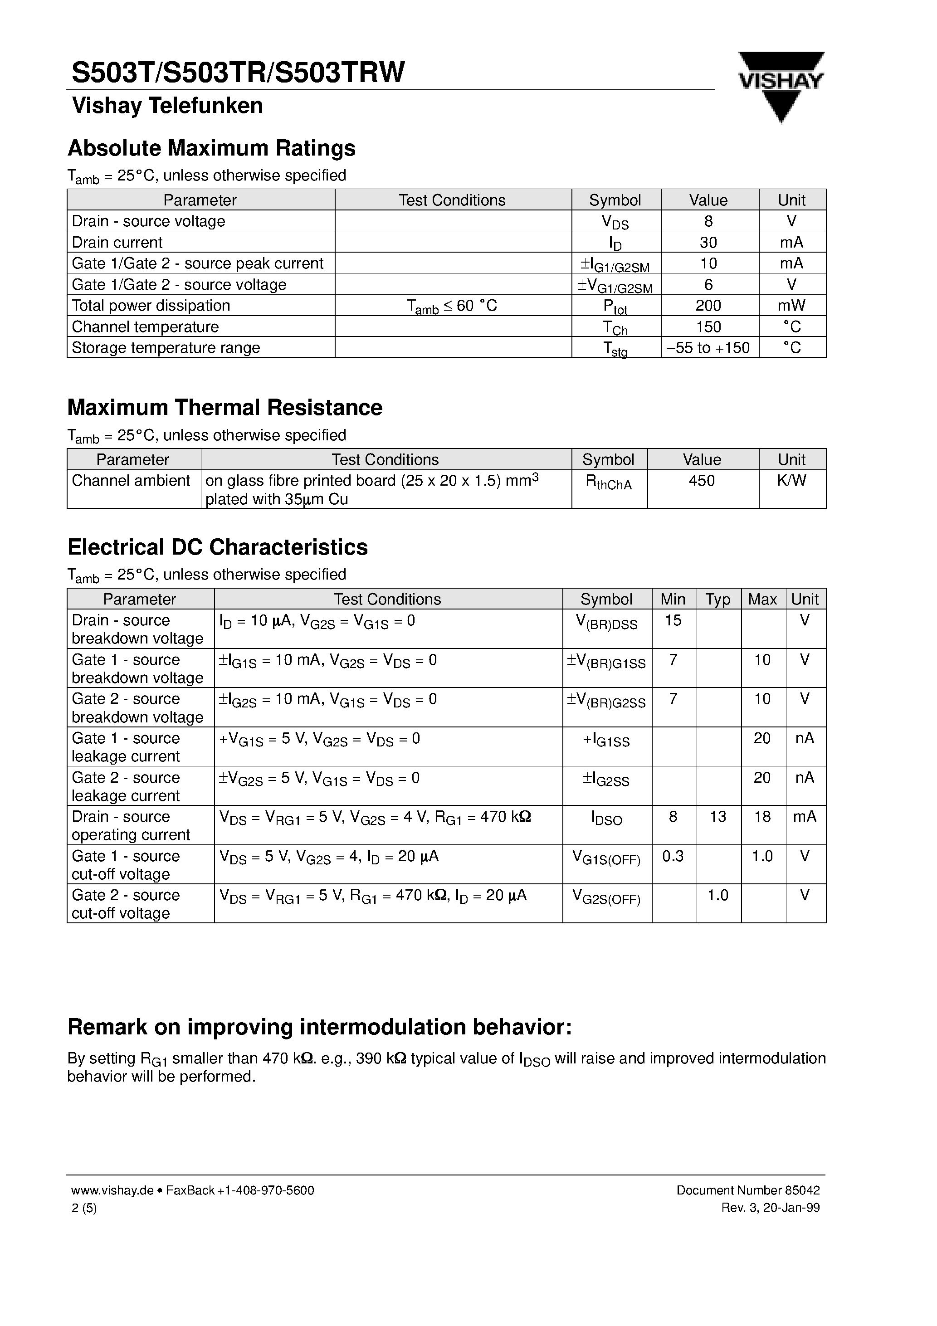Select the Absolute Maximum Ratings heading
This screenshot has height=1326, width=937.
click(x=211, y=148)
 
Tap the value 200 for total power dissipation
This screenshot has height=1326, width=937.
click(x=708, y=306)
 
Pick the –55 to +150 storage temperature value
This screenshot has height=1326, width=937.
click(x=708, y=348)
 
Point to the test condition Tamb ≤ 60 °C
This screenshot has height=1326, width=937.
click(x=452, y=306)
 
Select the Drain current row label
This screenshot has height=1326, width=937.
click(x=117, y=243)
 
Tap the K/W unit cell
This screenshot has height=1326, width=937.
click(x=791, y=481)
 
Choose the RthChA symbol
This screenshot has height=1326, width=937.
click(x=608, y=483)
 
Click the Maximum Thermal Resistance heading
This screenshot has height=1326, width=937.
click(x=224, y=408)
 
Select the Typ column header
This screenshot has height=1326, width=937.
click(x=717, y=600)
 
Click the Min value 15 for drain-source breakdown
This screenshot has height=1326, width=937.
click(x=673, y=621)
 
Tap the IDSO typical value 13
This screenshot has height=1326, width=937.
click(x=717, y=817)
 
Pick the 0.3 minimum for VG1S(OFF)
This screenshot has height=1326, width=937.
click(x=673, y=856)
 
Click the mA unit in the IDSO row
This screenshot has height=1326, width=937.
click(x=805, y=817)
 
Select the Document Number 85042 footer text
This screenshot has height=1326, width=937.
click(x=747, y=1190)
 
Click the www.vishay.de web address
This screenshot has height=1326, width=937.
click(x=112, y=1190)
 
